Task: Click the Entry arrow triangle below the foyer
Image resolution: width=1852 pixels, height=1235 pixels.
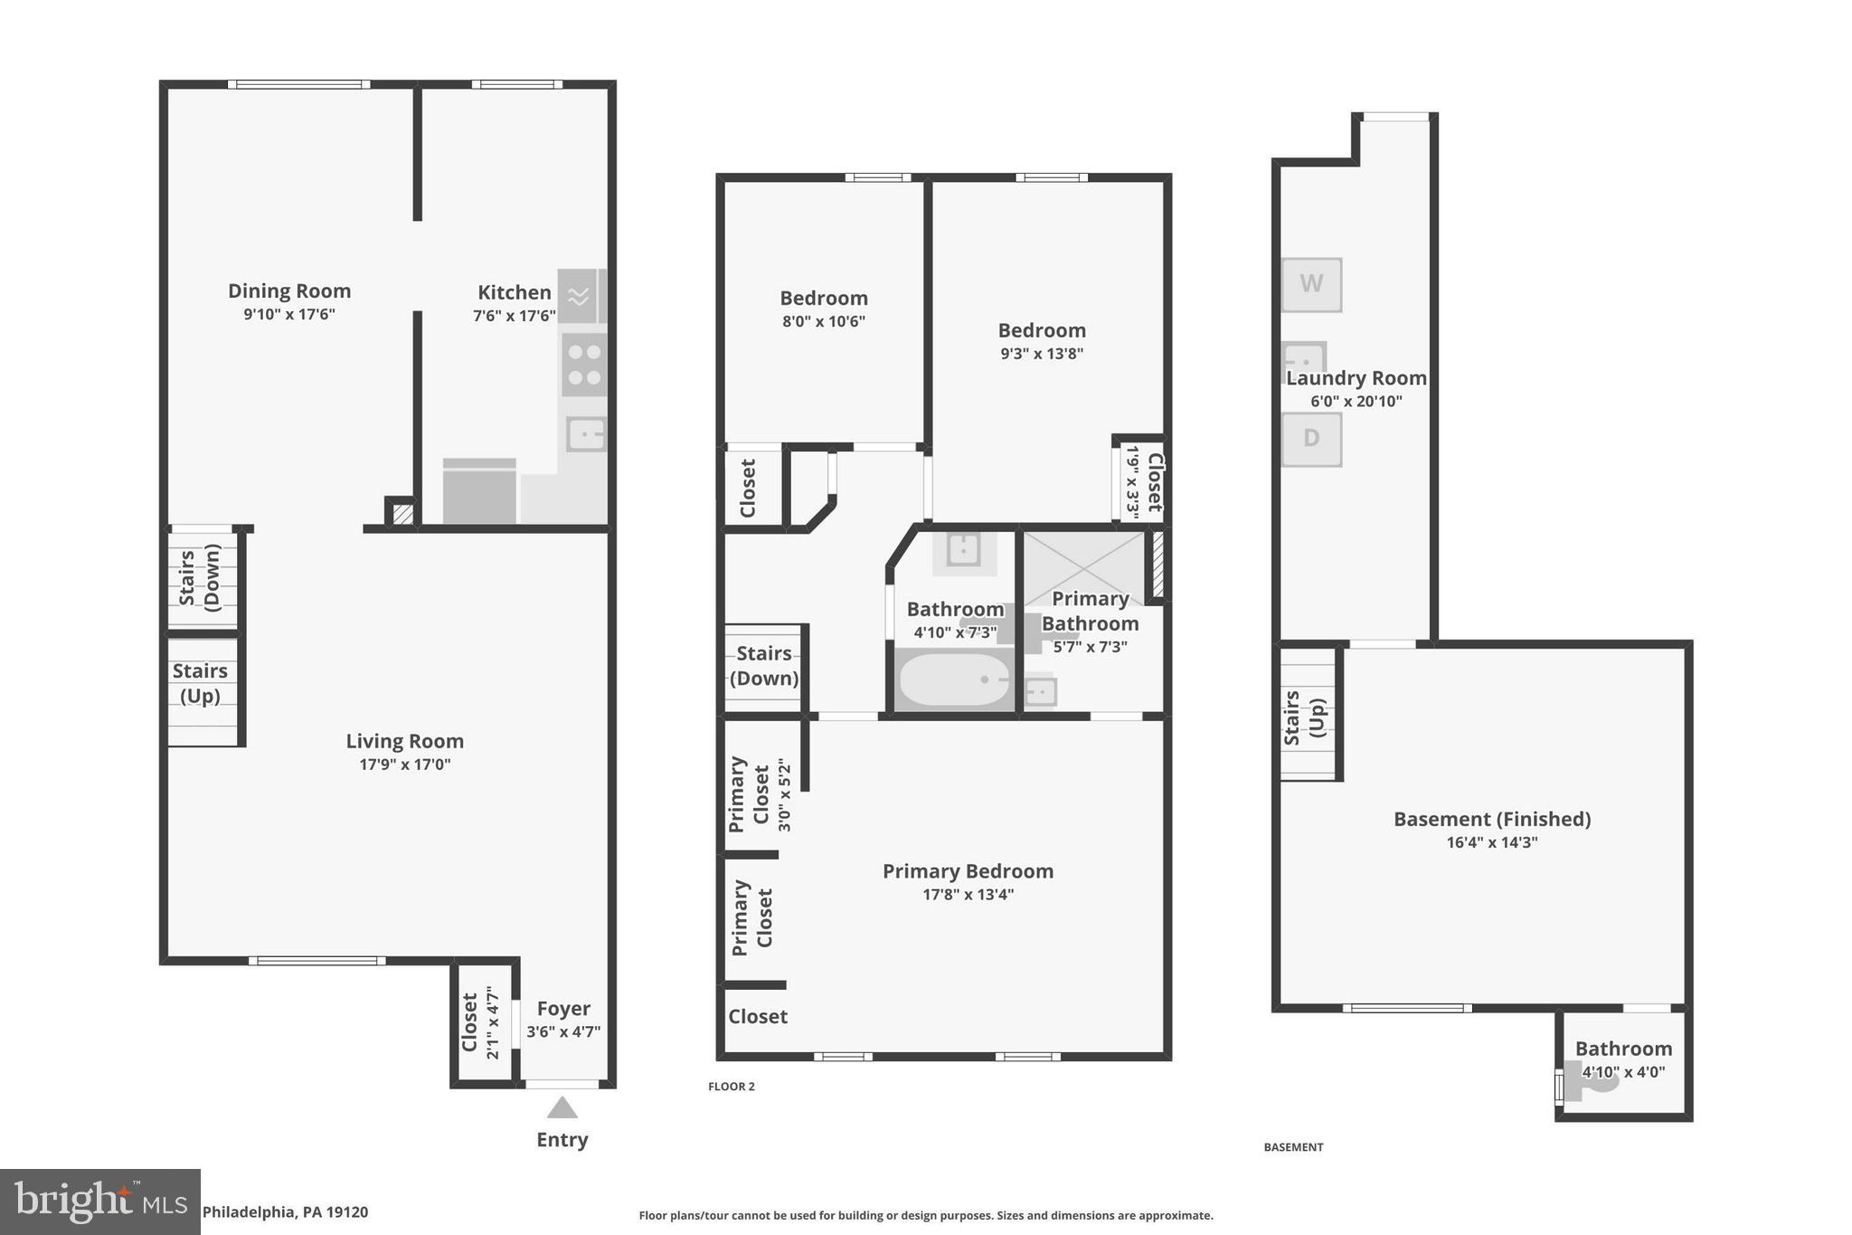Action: pyautogui.click(x=562, y=1108)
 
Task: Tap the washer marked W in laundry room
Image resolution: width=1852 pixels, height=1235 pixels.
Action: pyautogui.click(x=1311, y=284)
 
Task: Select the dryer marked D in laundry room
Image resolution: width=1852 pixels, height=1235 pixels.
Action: pyautogui.click(x=1311, y=439)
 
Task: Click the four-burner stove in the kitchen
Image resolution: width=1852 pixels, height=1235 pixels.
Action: pyautogui.click(x=584, y=365)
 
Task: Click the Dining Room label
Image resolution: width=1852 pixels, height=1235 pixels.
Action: pyautogui.click(x=289, y=291)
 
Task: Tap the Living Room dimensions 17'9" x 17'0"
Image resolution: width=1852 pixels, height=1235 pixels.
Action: pyautogui.click(x=404, y=765)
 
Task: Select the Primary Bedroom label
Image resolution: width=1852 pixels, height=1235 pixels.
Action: pyautogui.click(x=968, y=871)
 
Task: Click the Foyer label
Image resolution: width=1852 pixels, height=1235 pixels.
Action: pyautogui.click(x=563, y=1009)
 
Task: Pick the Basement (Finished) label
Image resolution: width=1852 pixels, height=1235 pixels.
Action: pyautogui.click(x=1492, y=820)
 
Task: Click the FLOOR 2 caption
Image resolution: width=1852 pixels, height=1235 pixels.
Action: pyautogui.click(x=731, y=1087)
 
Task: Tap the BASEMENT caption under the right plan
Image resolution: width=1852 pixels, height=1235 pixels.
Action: pyautogui.click(x=1293, y=1147)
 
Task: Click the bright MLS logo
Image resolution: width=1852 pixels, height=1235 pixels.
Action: pyautogui.click(x=99, y=1202)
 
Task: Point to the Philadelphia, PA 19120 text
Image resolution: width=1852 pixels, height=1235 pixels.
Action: pyautogui.click(x=285, y=1212)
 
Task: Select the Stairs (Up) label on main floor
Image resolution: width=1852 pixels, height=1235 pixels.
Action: pyautogui.click(x=200, y=683)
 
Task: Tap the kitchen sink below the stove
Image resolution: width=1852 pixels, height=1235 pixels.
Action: pyautogui.click(x=586, y=434)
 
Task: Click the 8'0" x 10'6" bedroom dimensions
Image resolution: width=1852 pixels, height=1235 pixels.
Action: pyautogui.click(x=824, y=321)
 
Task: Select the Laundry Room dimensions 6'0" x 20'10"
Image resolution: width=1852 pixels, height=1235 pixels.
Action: pyautogui.click(x=1356, y=402)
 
